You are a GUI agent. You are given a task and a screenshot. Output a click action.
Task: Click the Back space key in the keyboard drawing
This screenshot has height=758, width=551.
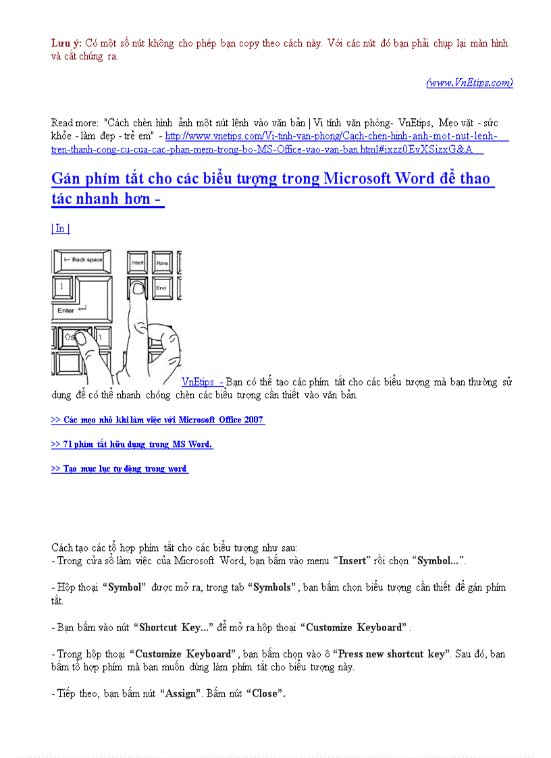pyautogui.click(x=82, y=260)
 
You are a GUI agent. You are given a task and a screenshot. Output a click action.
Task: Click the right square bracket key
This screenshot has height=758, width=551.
pyautogui.click(x=62, y=286)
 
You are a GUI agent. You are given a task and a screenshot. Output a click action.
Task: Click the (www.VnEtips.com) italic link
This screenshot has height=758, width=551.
pyautogui.click(x=469, y=83)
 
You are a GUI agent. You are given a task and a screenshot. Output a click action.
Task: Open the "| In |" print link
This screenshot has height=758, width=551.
pyautogui.click(x=61, y=228)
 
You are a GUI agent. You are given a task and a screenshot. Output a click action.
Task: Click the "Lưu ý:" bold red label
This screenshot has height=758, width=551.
pyautogui.click(x=66, y=43)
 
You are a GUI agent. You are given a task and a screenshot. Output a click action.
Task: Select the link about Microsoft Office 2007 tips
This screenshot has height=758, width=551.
pyautogui.click(x=157, y=420)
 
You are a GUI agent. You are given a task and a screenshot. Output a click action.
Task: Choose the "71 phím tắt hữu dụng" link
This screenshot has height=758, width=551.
pyautogui.click(x=132, y=444)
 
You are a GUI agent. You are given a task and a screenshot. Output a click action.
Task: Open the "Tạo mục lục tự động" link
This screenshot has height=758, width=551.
pyautogui.click(x=120, y=468)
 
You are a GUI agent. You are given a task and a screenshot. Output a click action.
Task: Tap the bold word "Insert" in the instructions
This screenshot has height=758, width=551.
pyautogui.click(x=352, y=560)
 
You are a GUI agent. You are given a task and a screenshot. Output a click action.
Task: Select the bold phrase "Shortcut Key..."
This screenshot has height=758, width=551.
pyautogui.click(x=174, y=627)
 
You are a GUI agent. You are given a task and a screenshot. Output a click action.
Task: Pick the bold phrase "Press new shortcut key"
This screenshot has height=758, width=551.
pyautogui.click(x=391, y=654)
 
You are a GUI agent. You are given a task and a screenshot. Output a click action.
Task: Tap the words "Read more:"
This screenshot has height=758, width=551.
pyautogui.click(x=75, y=123)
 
